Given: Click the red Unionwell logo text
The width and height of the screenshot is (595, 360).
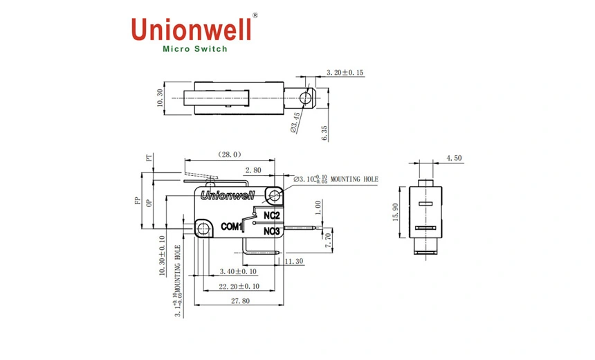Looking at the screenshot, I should point(191,29).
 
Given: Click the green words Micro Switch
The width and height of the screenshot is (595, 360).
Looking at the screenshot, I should point(194,49).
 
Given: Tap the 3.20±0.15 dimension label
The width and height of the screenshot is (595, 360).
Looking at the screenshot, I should point(345,73).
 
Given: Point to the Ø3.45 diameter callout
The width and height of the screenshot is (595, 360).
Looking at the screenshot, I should point(295,122).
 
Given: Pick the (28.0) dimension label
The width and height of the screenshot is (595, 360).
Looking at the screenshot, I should point(229,154).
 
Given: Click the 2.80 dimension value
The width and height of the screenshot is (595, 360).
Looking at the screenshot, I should point(253,169).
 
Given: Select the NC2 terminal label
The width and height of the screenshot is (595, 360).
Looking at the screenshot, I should point(271,215).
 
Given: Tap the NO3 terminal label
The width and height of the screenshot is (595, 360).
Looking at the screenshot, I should point(271,231).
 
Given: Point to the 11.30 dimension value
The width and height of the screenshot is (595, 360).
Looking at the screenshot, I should point(294,261).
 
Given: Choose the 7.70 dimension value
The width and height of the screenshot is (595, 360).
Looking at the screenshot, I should point(329,240).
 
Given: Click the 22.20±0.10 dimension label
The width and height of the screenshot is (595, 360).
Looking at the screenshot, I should point(239,287).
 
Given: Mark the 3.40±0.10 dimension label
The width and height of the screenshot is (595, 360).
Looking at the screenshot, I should point(238,271).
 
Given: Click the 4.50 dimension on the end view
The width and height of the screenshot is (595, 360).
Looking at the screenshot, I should point(454,159).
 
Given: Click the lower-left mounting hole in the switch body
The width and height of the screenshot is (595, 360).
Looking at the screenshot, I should point(203,228).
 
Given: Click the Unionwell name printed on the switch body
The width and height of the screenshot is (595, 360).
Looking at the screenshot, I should point(227,196).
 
